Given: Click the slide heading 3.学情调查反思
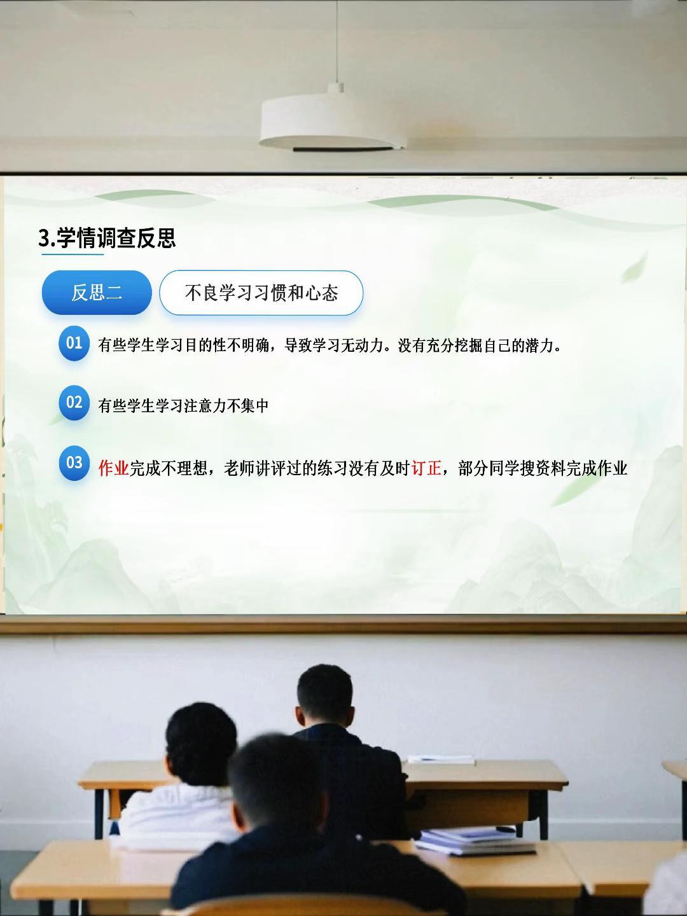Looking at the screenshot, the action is click(107, 238).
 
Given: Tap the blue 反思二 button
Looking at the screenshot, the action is click(96, 293).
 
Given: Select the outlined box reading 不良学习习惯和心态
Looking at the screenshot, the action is click(261, 293).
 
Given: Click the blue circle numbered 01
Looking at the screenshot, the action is click(74, 343).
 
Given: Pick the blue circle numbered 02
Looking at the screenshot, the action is click(74, 402).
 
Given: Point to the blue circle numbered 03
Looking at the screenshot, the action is click(74, 462).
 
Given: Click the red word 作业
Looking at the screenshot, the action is click(113, 468).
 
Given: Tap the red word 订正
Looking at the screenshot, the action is click(426, 468).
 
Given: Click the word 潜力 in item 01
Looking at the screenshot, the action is click(539, 345).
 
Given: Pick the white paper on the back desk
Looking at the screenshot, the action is click(441, 760).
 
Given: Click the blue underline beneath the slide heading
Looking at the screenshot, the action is click(72, 254).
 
